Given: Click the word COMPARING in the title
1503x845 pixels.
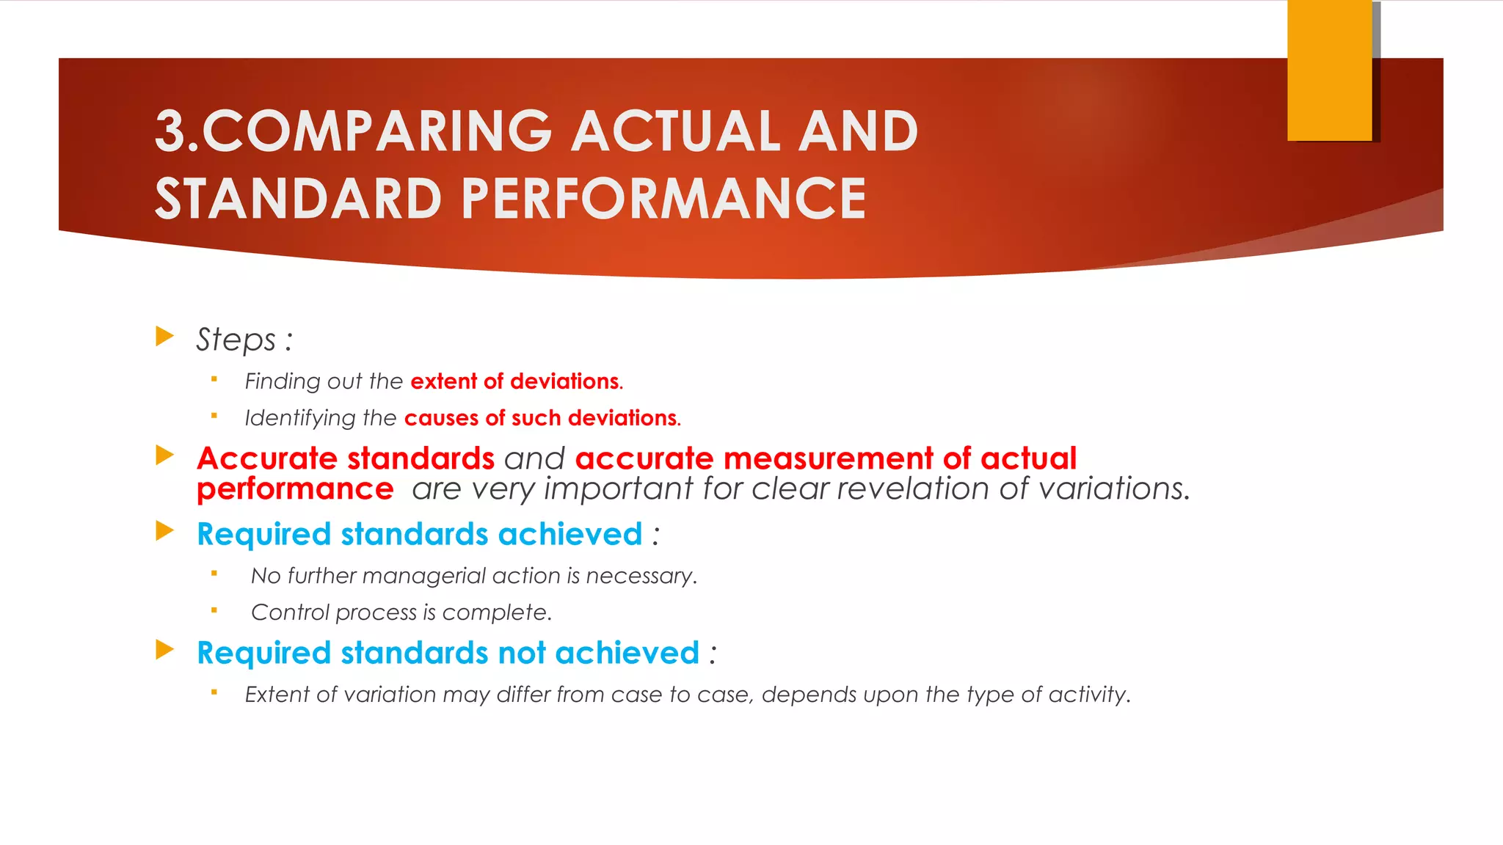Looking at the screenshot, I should point(376,132).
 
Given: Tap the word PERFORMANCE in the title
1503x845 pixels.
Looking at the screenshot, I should point(663,199).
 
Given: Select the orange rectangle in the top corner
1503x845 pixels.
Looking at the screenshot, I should point(1329,70).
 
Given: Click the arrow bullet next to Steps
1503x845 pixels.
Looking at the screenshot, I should point(165,337).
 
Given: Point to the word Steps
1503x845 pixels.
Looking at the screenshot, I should point(236,340).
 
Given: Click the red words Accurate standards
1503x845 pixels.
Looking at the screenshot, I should point(346,458).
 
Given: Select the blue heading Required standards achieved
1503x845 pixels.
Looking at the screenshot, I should point(420,534).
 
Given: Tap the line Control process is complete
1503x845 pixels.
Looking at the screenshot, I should point(401,612).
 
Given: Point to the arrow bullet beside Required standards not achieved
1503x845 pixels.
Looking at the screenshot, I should point(165,649).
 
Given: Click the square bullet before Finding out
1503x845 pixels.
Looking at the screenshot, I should point(214,379).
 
